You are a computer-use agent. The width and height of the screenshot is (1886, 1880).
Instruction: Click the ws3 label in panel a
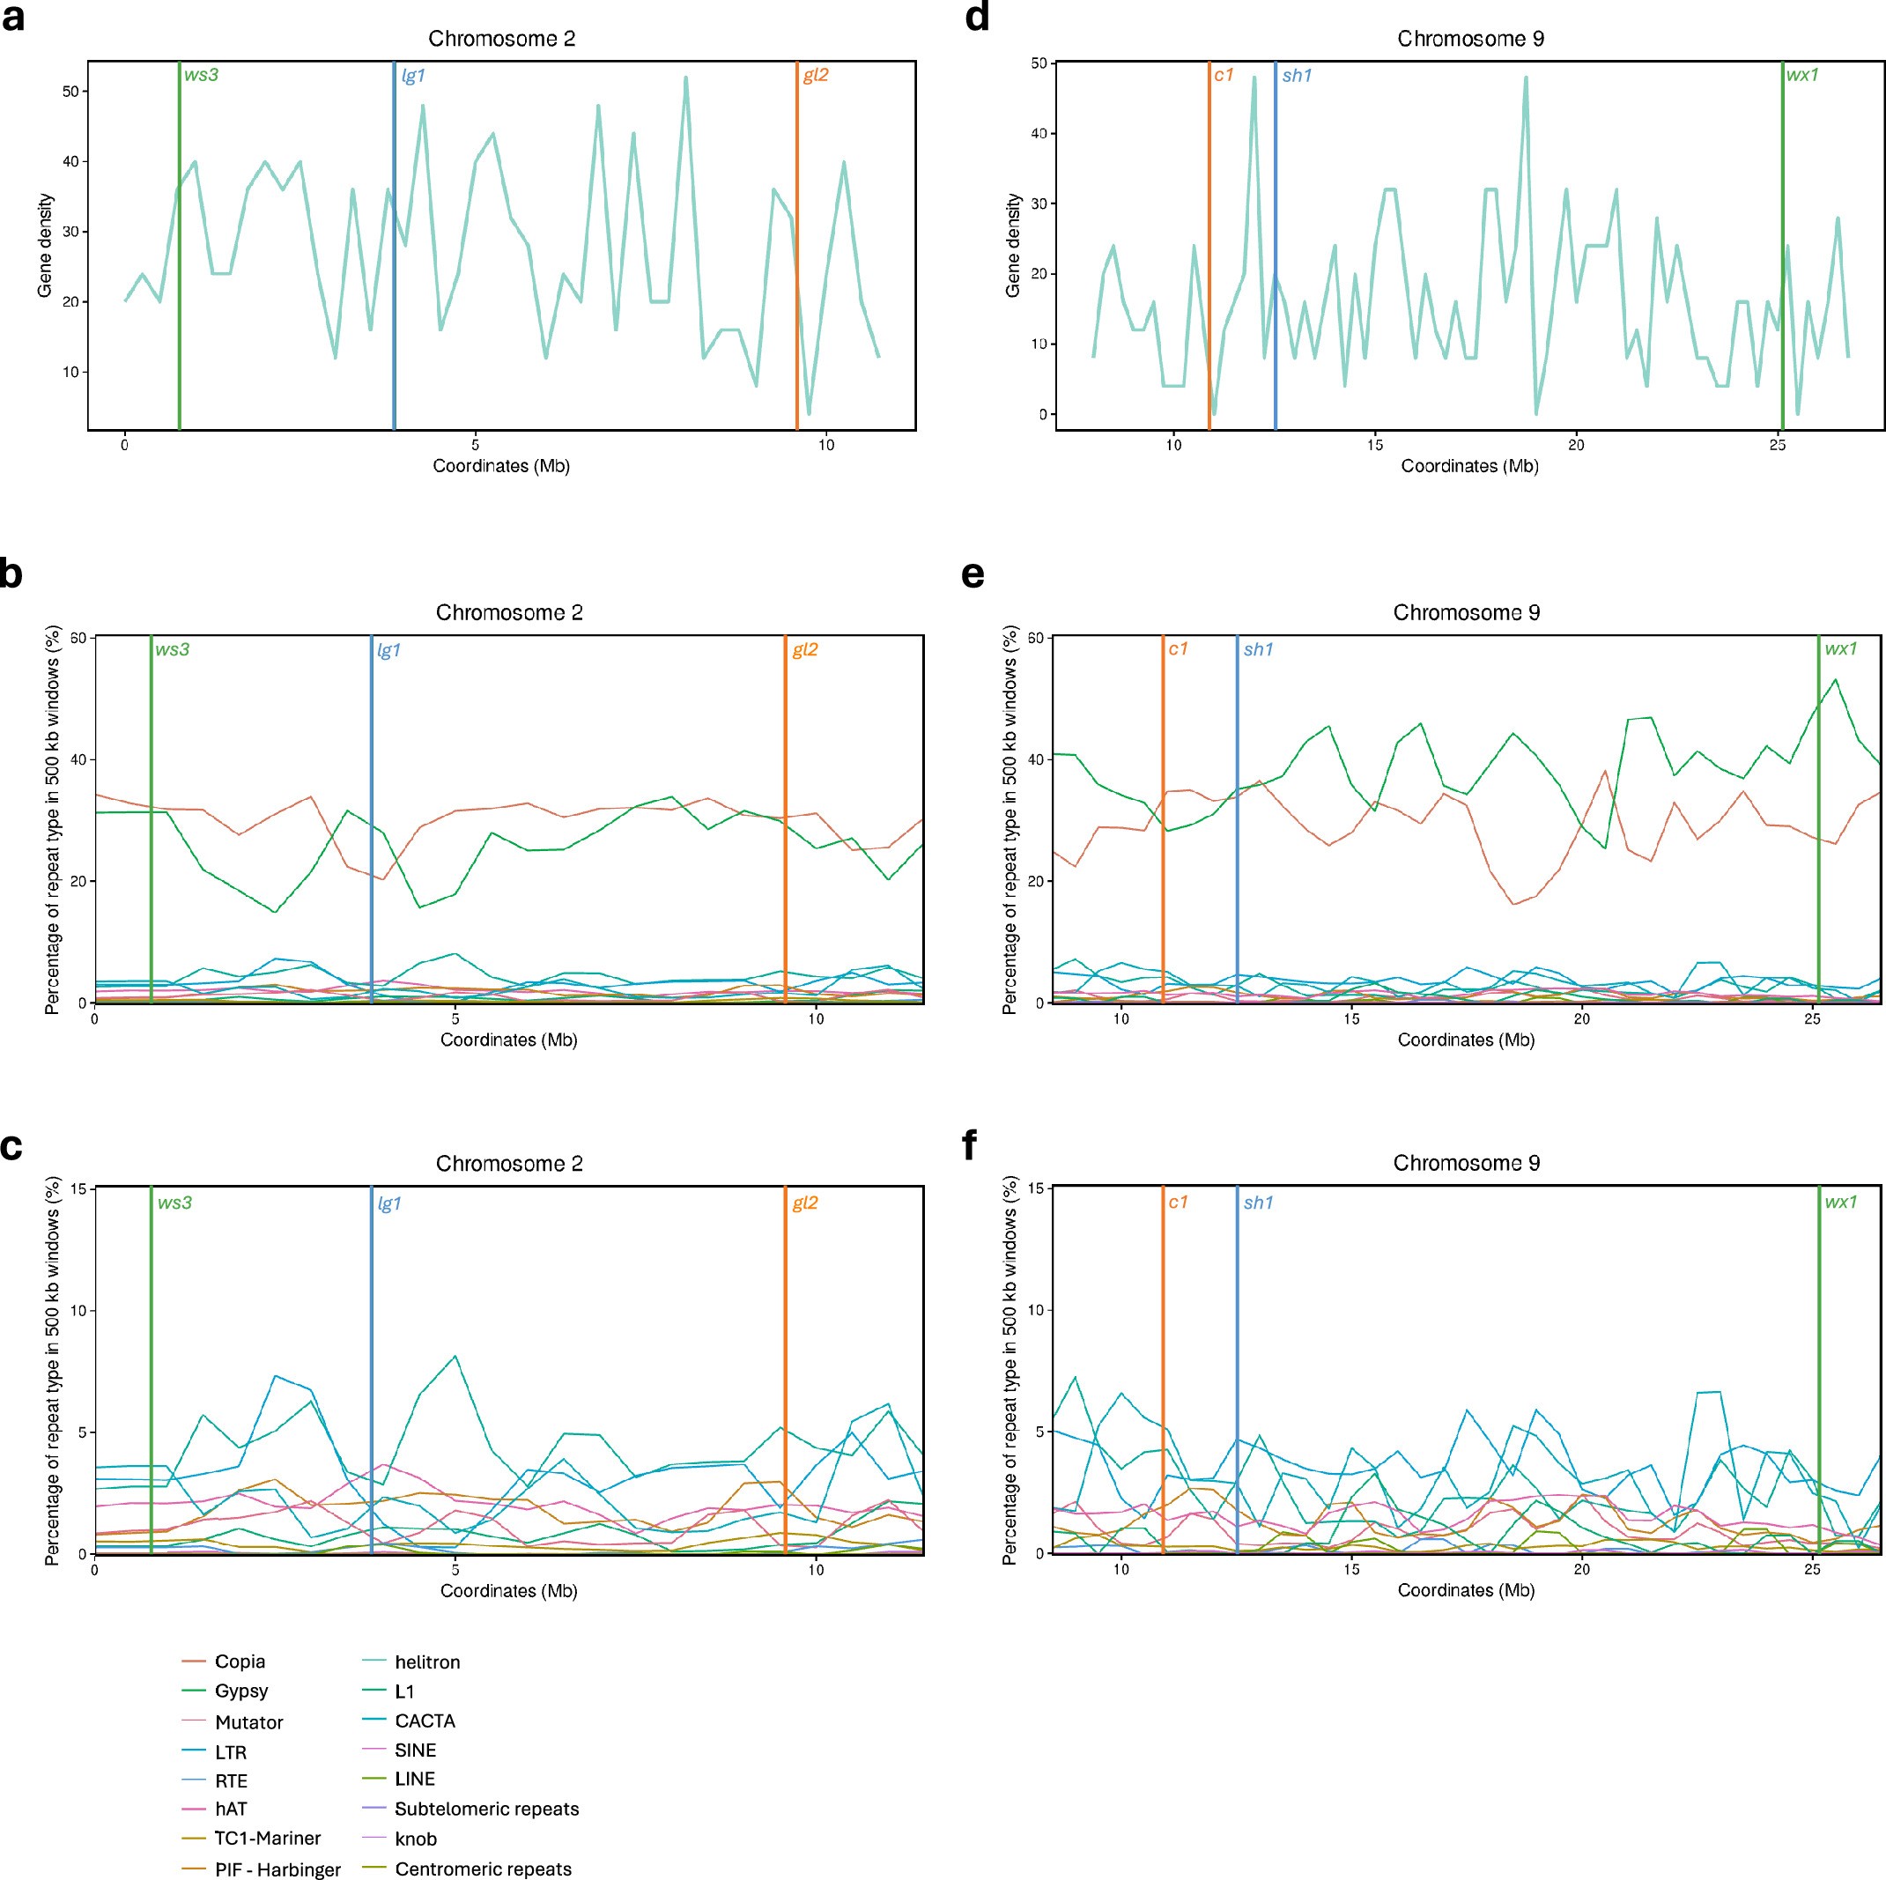pos(201,74)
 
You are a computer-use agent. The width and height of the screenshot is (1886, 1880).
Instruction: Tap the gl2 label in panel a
pos(815,74)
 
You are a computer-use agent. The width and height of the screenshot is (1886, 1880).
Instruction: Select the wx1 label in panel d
pos(1802,74)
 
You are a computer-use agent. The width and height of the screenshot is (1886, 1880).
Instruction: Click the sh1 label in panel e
pos(1258,649)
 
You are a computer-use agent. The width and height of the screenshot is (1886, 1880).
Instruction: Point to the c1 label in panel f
pos(1179,1202)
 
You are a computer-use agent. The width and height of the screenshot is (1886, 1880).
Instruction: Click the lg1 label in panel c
pos(389,1203)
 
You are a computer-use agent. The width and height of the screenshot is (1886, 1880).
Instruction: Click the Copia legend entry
pos(240,1662)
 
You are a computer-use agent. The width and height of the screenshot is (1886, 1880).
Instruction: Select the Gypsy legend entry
pos(241,1691)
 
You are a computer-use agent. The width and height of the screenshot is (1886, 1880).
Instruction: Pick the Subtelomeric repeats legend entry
pos(486,1809)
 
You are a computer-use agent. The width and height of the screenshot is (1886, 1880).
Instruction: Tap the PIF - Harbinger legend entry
pos(277,1869)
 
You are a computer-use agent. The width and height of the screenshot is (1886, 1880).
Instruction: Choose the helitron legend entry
pos(426,1662)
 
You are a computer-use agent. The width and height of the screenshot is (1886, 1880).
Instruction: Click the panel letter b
pos(11,574)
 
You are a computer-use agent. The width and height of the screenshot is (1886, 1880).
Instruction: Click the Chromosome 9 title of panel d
pos(1470,39)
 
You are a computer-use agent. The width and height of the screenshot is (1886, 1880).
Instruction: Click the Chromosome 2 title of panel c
pos(508,1164)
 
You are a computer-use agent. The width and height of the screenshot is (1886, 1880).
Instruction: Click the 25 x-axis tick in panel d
pos(1778,445)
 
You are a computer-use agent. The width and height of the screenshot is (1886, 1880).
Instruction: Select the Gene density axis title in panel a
pos(46,245)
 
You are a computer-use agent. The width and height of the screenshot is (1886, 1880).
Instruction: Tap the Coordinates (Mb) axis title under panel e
pos(1465,1040)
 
